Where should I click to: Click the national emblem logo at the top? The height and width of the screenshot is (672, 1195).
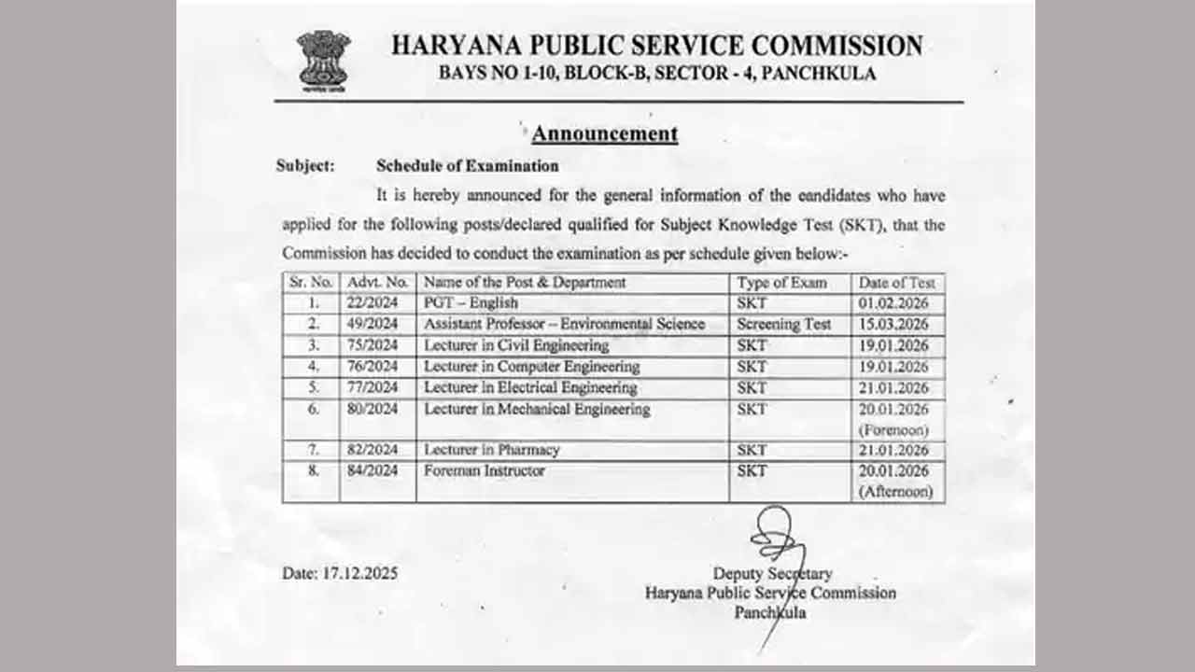(323, 58)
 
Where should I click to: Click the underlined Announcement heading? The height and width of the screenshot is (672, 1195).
(605, 133)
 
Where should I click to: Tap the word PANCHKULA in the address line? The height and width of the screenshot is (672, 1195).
(819, 74)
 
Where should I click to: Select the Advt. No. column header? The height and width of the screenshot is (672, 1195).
(377, 282)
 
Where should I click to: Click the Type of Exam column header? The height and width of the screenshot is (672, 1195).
(781, 282)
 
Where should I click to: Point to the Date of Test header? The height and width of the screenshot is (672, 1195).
(896, 282)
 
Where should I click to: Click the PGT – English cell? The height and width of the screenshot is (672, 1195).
(471, 303)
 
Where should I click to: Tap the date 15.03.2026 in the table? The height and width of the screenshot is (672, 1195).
(893, 324)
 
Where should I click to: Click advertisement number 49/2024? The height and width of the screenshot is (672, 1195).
(373, 324)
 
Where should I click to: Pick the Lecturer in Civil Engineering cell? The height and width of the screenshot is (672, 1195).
(516, 345)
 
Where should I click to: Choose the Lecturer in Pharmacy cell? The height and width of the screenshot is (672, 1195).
(491, 450)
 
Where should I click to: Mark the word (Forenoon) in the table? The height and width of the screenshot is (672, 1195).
(893, 430)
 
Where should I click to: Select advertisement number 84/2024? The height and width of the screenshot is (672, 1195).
(373, 470)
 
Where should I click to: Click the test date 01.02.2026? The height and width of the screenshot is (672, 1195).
(893, 303)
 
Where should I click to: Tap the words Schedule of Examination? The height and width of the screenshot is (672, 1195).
(467, 166)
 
